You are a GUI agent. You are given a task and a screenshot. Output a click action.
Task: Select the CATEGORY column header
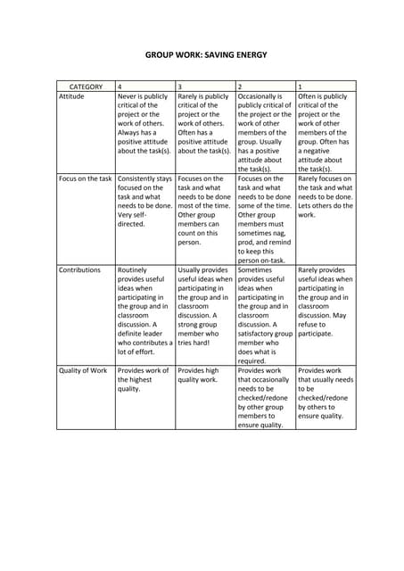(x=86, y=87)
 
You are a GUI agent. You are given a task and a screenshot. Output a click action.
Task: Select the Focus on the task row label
(x=86, y=178)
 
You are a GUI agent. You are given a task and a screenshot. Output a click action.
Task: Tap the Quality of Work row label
(x=83, y=370)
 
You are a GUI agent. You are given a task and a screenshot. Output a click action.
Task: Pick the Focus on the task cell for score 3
(x=204, y=210)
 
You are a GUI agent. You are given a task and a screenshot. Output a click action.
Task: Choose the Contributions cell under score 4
(x=144, y=310)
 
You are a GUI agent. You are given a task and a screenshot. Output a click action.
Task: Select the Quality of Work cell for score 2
(x=265, y=397)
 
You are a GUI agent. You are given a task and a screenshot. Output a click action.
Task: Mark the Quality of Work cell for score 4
(x=143, y=379)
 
